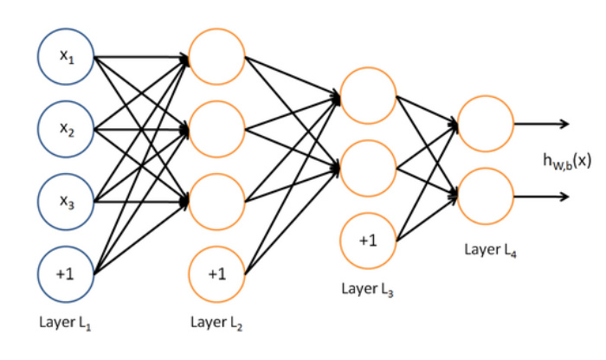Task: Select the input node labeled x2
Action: pos(65,130)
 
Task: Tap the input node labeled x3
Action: pos(65,202)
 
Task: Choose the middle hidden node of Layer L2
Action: pos(216,130)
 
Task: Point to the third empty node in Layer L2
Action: pos(216,202)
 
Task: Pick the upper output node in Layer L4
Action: pos(486,123)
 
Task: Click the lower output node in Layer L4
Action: pos(486,196)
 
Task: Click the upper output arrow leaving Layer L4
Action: pos(542,123)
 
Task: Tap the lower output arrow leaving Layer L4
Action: pos(542,196)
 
